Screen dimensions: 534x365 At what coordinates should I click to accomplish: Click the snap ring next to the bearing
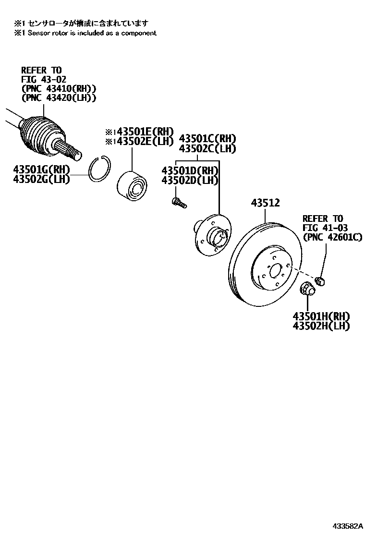(x=101, y=169)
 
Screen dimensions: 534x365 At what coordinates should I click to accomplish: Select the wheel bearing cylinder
(x=133, y=184)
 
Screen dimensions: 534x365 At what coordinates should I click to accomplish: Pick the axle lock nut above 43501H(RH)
(x=307, y=289)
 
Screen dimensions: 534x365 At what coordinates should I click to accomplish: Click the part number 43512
(x=265, y=204)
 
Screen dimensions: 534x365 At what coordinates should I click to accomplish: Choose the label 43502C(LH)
(x=207, y=148)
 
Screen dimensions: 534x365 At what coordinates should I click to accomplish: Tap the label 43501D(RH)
(x=190, y=170)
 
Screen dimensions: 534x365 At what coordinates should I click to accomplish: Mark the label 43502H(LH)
(x=321, y=326)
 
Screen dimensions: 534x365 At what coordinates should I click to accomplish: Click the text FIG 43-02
(x=43, y=79)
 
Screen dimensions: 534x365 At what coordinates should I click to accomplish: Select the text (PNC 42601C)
(x=332, y=237)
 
